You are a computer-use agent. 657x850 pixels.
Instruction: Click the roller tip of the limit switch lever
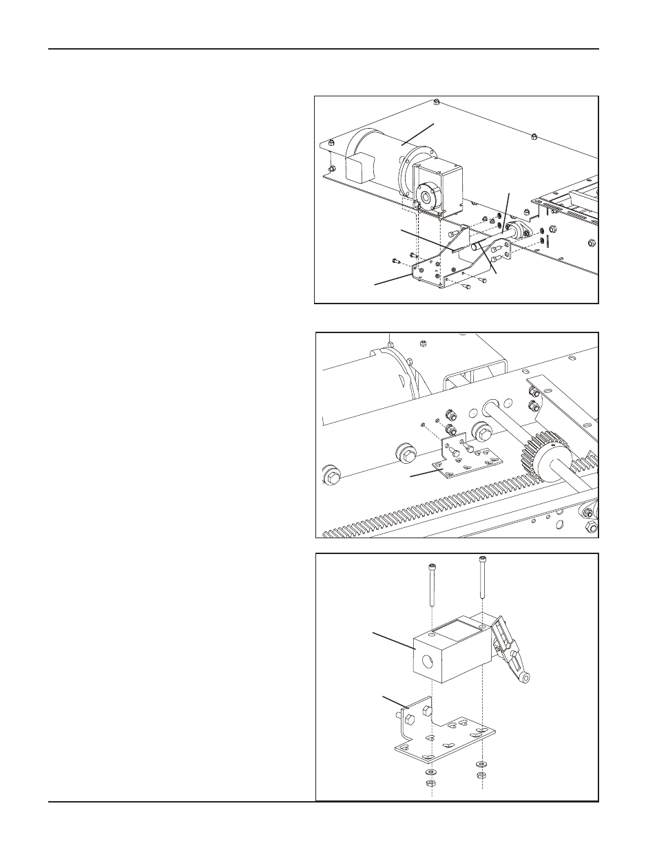(525, 679)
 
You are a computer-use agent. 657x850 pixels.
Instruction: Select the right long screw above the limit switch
(481, 578)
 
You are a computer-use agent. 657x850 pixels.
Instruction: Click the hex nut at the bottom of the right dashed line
(479, 776)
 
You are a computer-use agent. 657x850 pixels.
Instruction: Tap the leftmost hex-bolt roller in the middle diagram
(332, 475)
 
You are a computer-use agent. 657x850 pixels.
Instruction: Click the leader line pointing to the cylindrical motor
(419, 134)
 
